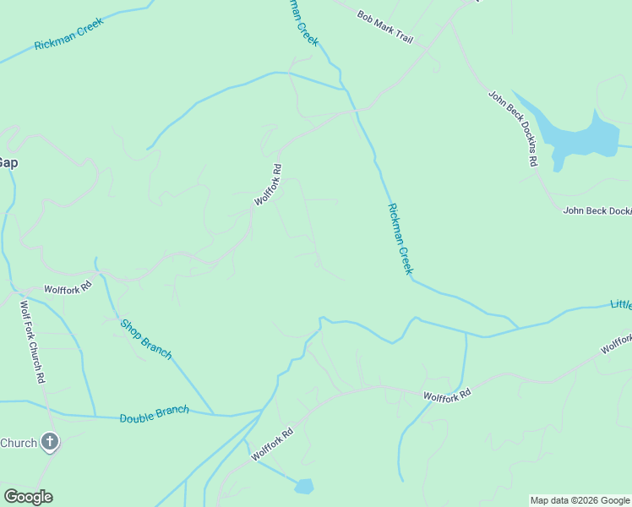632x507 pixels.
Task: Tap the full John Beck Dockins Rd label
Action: point(512,128)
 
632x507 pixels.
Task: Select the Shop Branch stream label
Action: point(145,339)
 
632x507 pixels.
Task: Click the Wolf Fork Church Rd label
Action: point(32,342)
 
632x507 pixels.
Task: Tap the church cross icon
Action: point(50,442)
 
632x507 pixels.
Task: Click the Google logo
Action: point(28,496)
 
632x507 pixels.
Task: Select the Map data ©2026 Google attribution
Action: point(580,500)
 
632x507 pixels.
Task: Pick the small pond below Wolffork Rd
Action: point(303,486)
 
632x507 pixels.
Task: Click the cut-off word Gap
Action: point(8,162)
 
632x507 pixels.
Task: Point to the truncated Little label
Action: point(621,304)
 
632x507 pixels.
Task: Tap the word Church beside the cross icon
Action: point(19,443)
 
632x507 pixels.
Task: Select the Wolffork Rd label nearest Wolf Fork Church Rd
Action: point(68,289)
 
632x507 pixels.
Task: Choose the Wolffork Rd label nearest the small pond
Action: point(271,444)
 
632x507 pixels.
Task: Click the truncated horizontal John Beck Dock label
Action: point(597,210)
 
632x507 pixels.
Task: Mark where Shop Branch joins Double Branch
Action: point(213,414)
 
